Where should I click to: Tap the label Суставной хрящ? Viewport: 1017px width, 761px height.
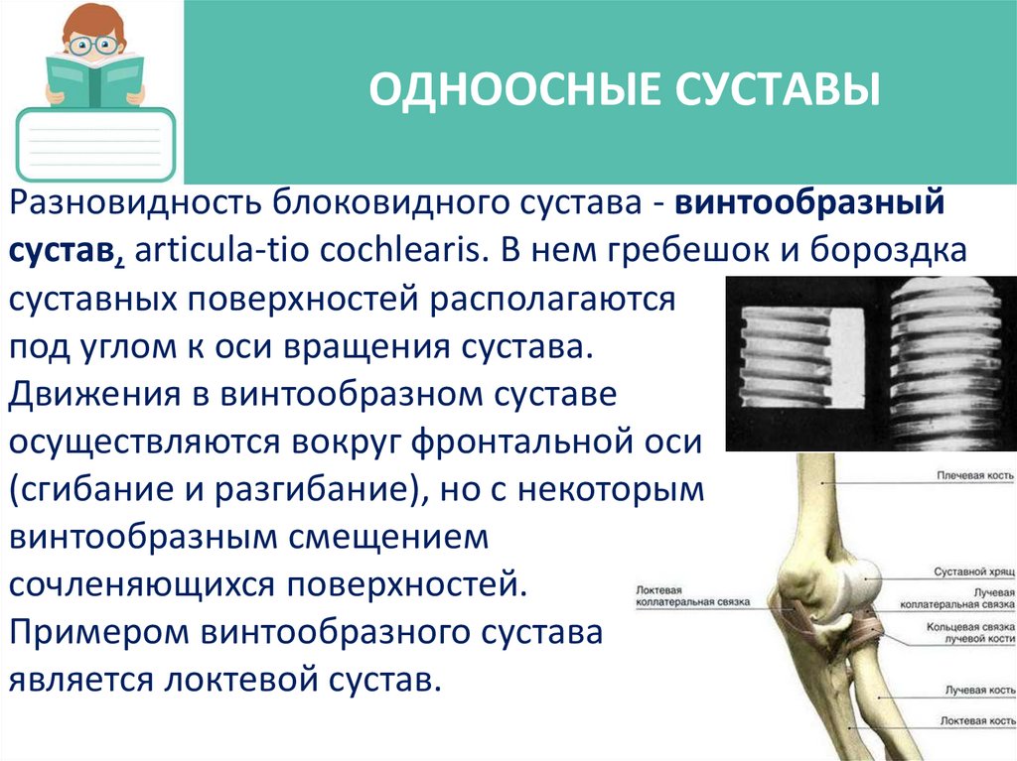pyautogui.click(x=972, y=572)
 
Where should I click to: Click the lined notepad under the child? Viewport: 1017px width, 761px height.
pyautogui.click(x=95, y=145)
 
